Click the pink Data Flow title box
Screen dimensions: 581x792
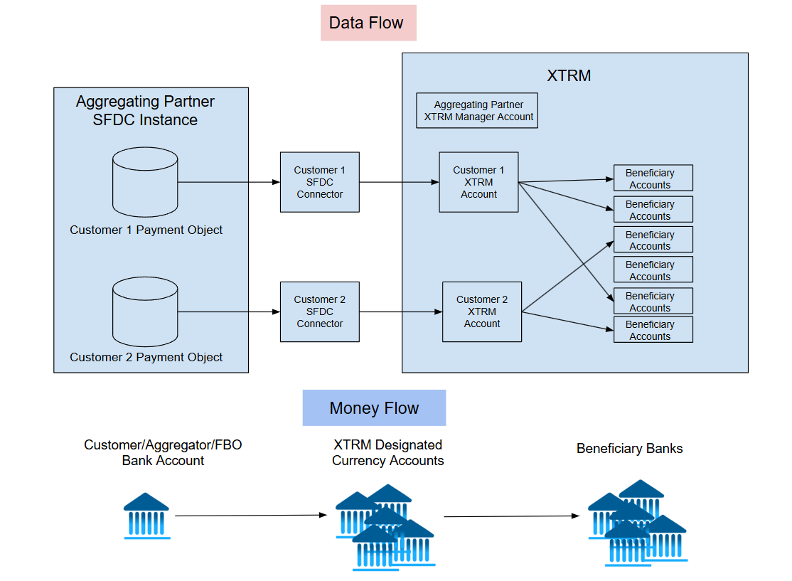tap(368, 23)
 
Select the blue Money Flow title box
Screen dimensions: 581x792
tap(374, 408)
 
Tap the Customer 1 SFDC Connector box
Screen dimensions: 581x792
tap(320, 182)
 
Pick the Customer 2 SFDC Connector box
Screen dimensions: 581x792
tap(320, 311)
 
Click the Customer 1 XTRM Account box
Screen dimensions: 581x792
tap(478, 182)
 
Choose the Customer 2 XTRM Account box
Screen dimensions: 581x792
tap(482, 311)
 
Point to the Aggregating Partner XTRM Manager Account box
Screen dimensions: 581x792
tap(477, 111)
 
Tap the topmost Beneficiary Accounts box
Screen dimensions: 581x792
tap(653, 178)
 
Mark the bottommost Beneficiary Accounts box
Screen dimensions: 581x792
tap(653, 330)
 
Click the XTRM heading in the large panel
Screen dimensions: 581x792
tap(569, 75)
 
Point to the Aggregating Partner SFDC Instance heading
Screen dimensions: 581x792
tap(145, 110)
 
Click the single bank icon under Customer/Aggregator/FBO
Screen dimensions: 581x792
tap(146, 516)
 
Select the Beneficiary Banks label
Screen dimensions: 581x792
tap(629, 449)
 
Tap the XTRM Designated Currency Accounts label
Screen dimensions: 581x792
tap(387, 452)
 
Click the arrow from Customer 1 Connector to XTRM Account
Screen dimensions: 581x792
tap(399, 182)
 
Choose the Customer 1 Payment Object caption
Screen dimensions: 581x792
tap(146, 230)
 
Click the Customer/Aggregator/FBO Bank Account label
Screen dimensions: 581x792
tap(163, 452)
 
